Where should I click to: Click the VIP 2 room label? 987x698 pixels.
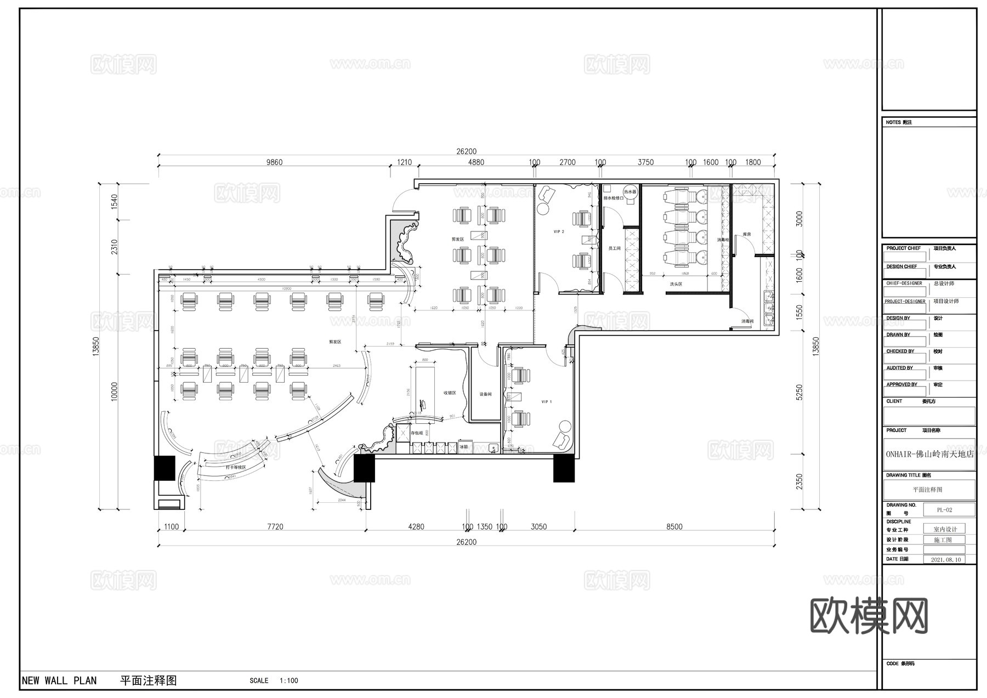pyautogui.click(x=559, y=232)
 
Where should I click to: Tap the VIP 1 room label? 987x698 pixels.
pyautogui.click(x=547, y=402)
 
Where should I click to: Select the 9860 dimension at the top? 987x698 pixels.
pyautogui.click(x=274, y=162)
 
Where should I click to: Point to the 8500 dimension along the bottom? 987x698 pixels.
pyautogui.click(x=674, y=527)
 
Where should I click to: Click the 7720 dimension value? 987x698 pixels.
pyautogui.click(x=275, y=527)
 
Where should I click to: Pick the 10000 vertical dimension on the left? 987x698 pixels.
pyautogui.click(x=115, y=392)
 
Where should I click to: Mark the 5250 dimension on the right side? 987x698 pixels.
pyautogui.click(x=799, y=392)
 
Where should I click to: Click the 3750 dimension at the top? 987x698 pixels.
pyautogui.click(x=645, y=162)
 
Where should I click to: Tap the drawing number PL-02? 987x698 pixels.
pyautogui.click(x=944, y=510)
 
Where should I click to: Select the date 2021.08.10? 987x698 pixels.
pyautogui.click(x=946, y=560)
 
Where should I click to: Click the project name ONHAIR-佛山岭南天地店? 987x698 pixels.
pyautogui.click(x=929, y=454)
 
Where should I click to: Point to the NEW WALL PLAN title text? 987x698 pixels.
pyautogui.click(x=59, y=681)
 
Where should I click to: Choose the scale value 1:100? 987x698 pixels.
pyautogui.click(x=289, y=681)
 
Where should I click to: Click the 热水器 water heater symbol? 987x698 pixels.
pyautogui.click(x=630, y=192)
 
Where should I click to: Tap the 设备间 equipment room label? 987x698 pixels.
pyautogui.click(x=485, y=394)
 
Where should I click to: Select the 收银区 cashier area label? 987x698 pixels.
pyautogui.click(x=450, y=393)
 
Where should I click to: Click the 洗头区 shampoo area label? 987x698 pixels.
pyautogui.click(x=676, y=285)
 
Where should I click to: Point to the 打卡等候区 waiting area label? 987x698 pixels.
pyautogui.click(x=235, y=467)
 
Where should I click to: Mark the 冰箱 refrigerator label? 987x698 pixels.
pyautogui.click(x=464, y=447)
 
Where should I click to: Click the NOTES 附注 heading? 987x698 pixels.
pyautogui.click(x=899, y=122)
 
